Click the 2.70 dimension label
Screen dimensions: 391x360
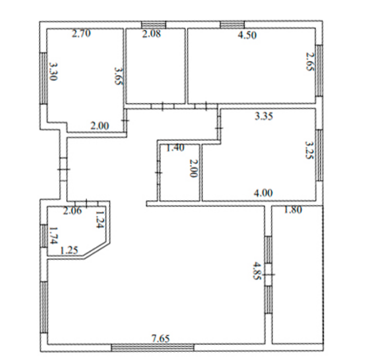(81, 34)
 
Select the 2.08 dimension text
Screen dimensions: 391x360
(151, 34)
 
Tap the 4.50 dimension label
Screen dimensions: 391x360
(247, 35)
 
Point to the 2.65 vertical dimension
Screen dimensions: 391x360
(311, 61)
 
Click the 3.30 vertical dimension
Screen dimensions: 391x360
(54, 71)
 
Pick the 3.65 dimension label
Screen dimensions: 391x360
(119, 76)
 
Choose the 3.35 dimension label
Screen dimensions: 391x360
(264, 116)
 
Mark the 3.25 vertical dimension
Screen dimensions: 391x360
(310, 150)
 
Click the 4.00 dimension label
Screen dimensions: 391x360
(263, 193)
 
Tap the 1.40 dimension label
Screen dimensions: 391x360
(175, 148)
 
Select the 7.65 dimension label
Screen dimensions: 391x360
(161, 339)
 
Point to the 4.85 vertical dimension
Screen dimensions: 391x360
(258, 271)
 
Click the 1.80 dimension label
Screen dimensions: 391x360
(293, 210)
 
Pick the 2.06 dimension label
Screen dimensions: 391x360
(73, 211)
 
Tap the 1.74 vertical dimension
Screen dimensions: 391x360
(54, 235)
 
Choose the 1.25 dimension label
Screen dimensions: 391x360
(69, 250)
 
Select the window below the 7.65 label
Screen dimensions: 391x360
(152, 347)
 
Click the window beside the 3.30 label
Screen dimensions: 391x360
(43, 78)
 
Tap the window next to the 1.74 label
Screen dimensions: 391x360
(44, 236)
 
